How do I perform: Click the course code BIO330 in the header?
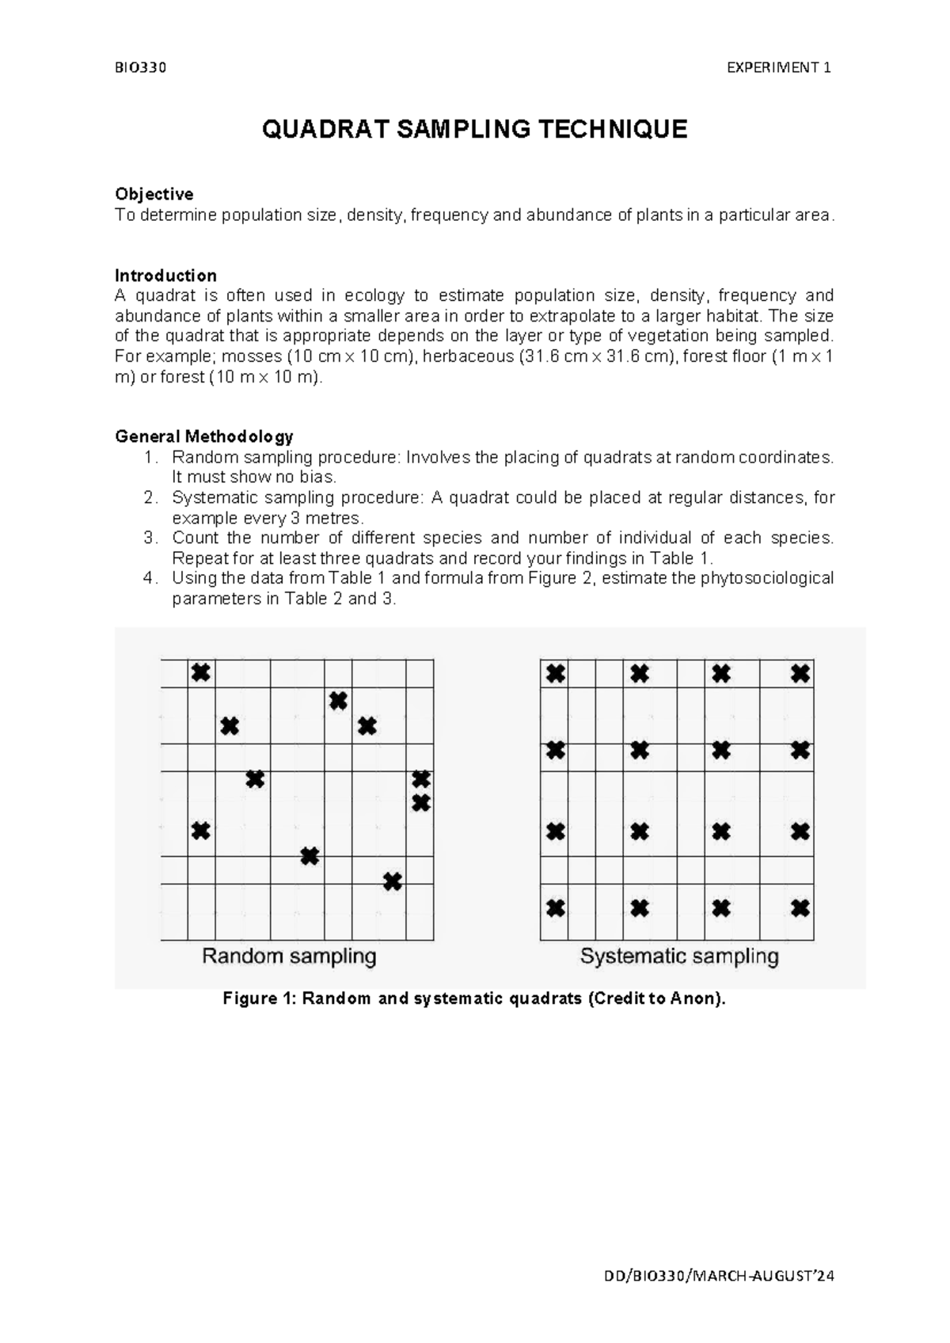141,67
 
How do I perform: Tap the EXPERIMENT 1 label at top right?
778,67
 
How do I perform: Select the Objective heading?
154,194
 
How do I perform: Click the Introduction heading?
165,276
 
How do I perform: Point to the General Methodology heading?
203,436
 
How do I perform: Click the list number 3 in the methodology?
150,538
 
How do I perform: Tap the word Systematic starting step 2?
208,497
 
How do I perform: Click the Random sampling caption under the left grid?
289,956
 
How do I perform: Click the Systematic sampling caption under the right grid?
679,956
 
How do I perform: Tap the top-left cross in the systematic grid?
556,674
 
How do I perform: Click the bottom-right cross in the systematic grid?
800,907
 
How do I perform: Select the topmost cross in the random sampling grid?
201,673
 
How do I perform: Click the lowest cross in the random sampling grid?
393,881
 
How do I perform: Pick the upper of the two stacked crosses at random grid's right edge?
421,779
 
